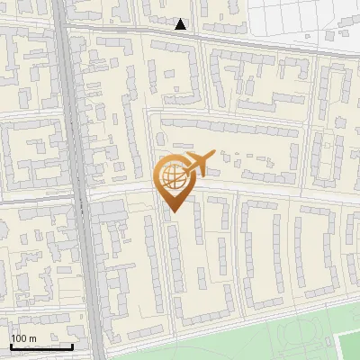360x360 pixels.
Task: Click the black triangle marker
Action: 181,24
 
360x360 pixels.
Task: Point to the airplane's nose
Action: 213,154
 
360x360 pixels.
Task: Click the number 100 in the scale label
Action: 19,338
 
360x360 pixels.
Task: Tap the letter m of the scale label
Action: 32,338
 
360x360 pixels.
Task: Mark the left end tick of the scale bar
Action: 11,346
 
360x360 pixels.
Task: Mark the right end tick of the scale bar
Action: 72,346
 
